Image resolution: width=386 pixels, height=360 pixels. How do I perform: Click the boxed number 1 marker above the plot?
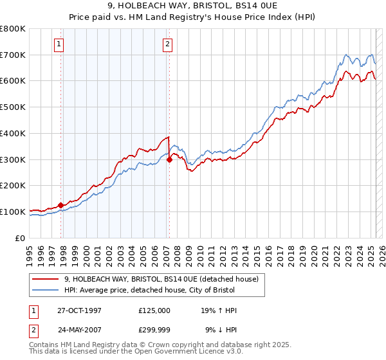pos(59,44)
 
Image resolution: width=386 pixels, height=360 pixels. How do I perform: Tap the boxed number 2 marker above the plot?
pos(167,44)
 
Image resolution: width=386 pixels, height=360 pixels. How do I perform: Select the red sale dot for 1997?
pos(61,205)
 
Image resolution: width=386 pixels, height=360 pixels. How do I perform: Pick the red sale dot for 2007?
pos(169,160)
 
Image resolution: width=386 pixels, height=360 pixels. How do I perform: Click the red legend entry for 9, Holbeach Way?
pos(161,279)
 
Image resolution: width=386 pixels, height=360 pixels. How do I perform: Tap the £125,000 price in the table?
pos(154,310)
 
